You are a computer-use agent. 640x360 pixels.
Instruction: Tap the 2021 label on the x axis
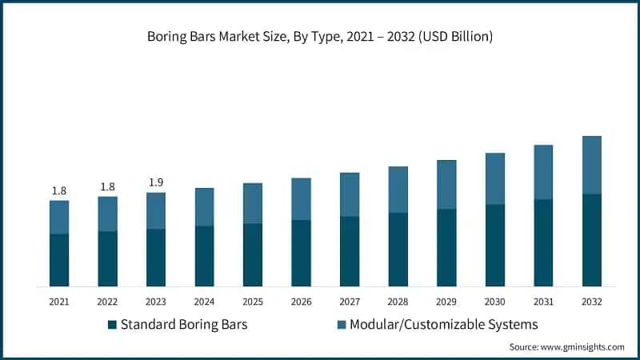pos(59,302)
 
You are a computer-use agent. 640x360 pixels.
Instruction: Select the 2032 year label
pos(592,302)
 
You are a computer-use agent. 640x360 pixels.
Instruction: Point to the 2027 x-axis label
pos(350,302)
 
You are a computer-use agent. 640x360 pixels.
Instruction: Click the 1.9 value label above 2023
pos(156,182)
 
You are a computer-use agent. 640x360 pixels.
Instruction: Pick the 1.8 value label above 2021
pos(59,190)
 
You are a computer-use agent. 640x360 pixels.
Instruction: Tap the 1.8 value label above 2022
pos(107,186)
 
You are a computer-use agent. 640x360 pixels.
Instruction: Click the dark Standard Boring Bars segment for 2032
pos(592,240)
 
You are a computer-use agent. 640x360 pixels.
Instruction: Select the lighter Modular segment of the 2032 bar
pos(592,165)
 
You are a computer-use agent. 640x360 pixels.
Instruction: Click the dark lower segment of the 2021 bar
pos(59,260)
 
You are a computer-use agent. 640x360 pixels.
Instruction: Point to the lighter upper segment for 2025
pos(253,203)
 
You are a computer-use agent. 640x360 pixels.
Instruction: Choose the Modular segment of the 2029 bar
pos(446,184)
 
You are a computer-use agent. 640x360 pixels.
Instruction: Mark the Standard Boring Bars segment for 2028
pos(398,250)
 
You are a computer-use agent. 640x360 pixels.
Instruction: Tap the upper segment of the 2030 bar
pos(495,178)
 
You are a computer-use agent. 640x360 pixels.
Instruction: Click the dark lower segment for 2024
pos(205,256)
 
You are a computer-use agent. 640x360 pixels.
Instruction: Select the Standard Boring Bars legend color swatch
pos(113,325)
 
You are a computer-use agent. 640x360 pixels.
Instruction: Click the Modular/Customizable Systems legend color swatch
pos(342,325)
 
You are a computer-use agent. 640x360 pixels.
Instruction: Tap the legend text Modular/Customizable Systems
pos(445,325)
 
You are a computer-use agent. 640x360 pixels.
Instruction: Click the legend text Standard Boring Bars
pos(183,325)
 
